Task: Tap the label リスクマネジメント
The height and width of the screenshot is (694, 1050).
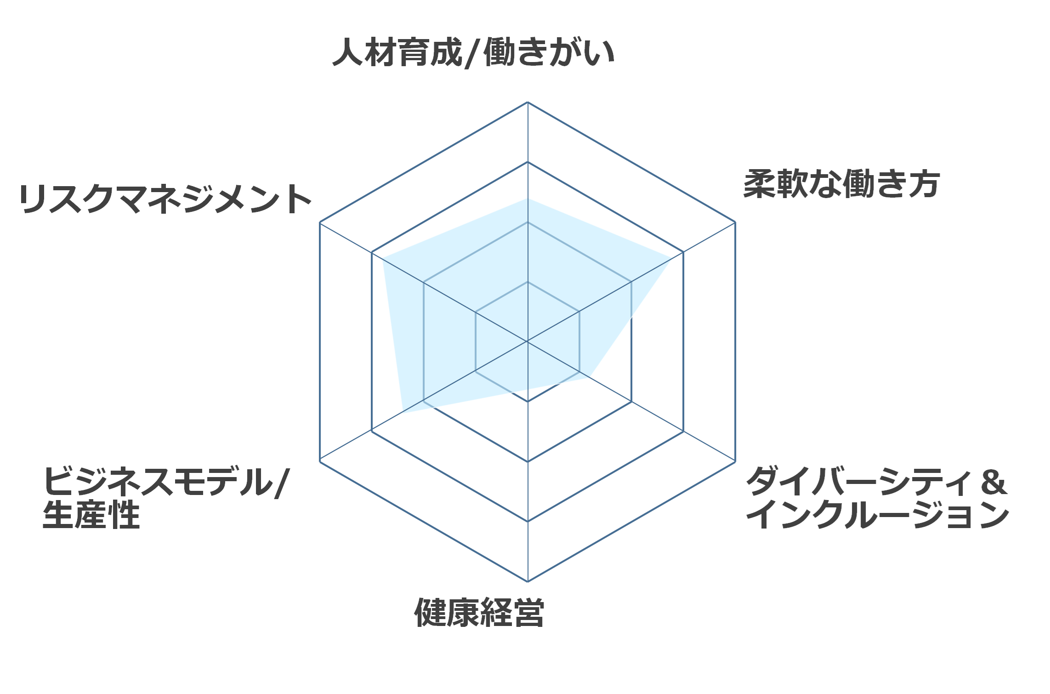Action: [x=165, y=199]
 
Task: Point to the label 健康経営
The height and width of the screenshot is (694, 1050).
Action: [x=479, y=613]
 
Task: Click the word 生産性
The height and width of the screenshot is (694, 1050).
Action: [x=91, y=515]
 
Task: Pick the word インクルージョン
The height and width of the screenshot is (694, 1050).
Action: [x=878, y=515]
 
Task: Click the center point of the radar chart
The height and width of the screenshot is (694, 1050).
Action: [x=528, y=341]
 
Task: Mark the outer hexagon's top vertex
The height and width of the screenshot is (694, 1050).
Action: [x=528, y=102]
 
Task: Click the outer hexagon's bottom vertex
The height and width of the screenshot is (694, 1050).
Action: [x=528, y=581]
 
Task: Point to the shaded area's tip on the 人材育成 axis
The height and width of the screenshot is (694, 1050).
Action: [x=528, y=198]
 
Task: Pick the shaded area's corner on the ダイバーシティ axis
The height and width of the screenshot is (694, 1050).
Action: [x=590, y=377]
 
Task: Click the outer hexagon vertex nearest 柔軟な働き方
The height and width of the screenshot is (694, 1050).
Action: [x=735, y=222]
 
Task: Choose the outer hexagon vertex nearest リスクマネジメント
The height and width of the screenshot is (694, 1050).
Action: [x=320, y=222]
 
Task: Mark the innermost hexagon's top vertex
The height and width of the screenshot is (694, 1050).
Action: [x=528, y=282]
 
